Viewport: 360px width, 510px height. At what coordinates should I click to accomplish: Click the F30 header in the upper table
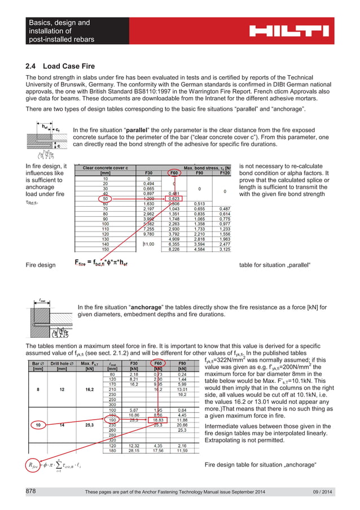(148, 173)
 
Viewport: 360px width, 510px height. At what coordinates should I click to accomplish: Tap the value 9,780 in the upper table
(148, 231)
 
